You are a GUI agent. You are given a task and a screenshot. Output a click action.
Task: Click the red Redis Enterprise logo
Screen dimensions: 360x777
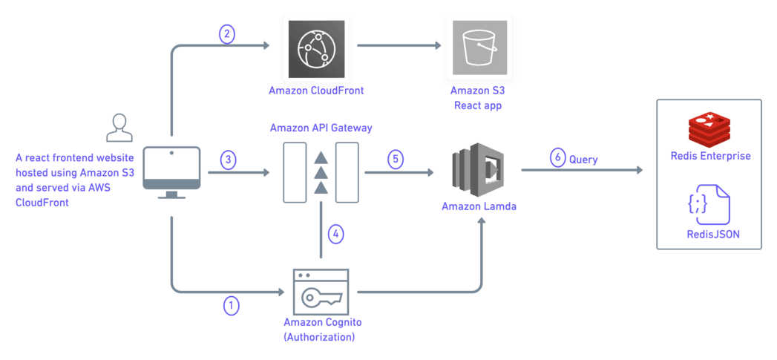(709, 130)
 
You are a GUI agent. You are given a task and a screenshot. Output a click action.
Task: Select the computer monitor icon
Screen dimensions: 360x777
(171, 171)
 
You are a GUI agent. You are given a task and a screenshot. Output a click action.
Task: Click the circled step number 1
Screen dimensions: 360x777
(232, 305)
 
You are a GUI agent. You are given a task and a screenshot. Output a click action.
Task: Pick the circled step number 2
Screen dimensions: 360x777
(228, 34)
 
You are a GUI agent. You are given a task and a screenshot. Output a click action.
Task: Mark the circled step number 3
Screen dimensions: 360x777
(229, 160)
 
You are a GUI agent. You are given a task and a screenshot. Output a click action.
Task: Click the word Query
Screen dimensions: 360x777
(584, 159)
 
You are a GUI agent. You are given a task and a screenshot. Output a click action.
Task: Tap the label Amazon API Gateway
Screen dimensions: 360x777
(321, 128)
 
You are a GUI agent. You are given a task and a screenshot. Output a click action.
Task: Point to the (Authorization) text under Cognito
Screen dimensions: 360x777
(319, 337)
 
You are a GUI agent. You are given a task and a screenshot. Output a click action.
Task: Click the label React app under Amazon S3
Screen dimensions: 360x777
(478, 105)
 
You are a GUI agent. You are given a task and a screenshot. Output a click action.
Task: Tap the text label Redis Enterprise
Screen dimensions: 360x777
(710, 157)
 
